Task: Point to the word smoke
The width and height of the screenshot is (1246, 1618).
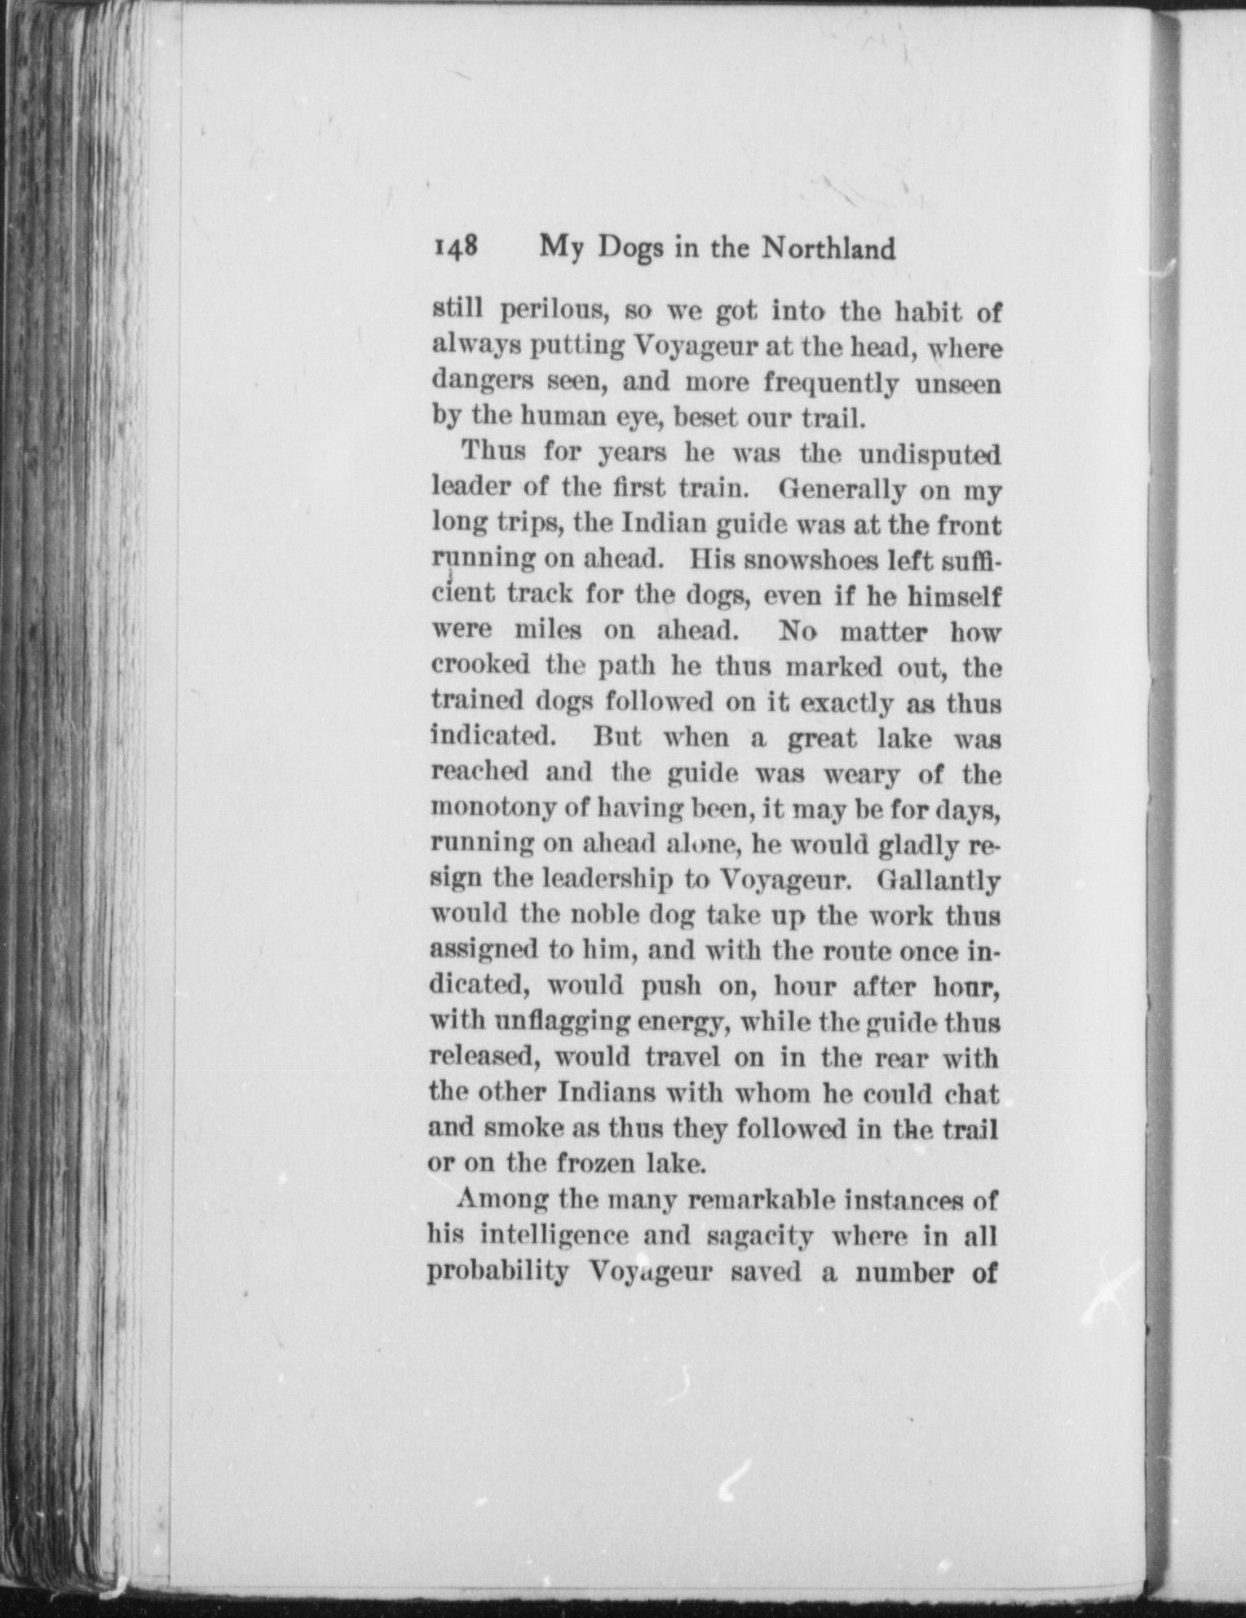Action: pyautogui.click(x=519, y=1128)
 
